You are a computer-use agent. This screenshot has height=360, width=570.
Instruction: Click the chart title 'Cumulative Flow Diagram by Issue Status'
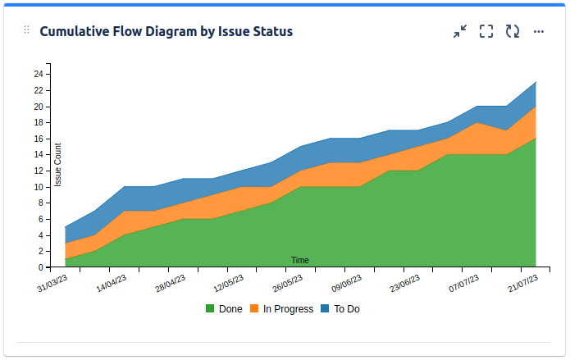166,31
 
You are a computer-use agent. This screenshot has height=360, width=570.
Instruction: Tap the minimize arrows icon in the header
460,31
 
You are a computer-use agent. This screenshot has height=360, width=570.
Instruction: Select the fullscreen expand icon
486,31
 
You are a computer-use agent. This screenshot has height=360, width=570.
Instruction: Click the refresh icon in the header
513,31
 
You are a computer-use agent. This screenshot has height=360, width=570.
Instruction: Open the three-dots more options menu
539,31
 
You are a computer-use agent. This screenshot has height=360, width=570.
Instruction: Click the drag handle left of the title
26,30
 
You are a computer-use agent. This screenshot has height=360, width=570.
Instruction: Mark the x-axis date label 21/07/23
523,285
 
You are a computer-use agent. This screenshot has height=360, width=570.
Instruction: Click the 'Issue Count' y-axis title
58,165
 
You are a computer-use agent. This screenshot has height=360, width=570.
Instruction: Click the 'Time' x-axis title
300,260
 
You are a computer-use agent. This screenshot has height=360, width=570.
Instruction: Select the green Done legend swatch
210,309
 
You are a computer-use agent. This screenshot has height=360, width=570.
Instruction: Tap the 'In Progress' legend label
288,309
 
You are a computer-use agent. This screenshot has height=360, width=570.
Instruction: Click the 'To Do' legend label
347,309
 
